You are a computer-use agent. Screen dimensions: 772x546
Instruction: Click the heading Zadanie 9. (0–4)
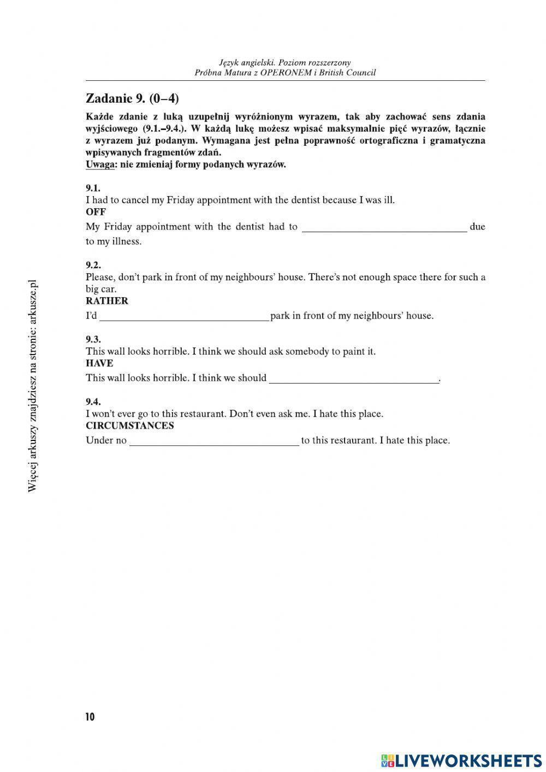pyautogui.click(x=132, y=98)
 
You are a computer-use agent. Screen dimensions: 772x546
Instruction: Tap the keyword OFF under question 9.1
pyautogui.click(x=96, y=212)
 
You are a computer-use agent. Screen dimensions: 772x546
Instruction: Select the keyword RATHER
pyautogui.click(x=107, y=301)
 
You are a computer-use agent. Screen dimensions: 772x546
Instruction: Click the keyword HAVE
pyautogui.click(x=99, y=363)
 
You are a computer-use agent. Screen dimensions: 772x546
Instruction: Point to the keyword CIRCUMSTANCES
pyautogui.click(x=130, y=426)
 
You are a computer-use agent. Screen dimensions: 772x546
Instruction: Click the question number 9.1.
pyautogui.click(x=93, y=188)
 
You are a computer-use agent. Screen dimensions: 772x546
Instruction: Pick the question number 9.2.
pyautogui.click(x=93, y=265)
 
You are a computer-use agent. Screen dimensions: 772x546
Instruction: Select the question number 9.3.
pyautogui.click(x=93, y=339)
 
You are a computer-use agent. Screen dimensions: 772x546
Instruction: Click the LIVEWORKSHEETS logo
pyautogui.click(x=461, y=761)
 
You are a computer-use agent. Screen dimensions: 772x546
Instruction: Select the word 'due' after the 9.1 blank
pyautogui.click(x=477, y=227)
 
